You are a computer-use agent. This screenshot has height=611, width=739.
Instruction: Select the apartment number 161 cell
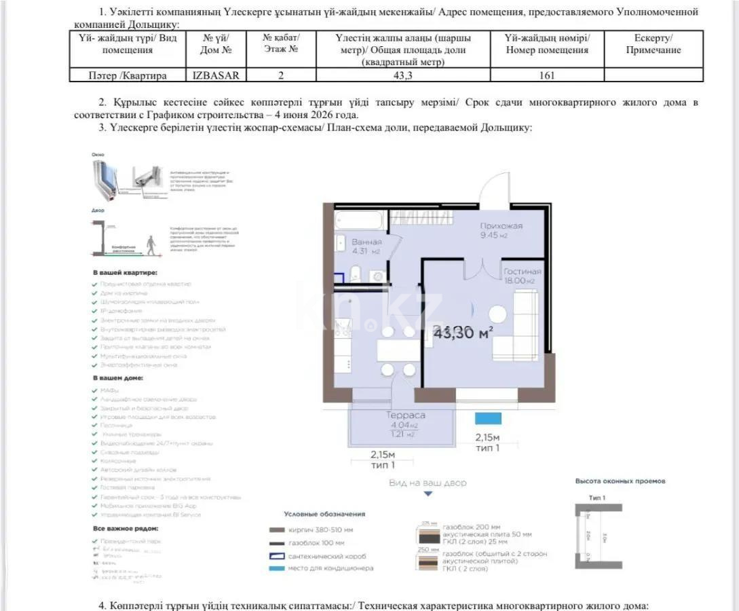pos(546,75)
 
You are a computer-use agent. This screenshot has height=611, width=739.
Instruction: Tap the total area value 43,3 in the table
pos(403,75)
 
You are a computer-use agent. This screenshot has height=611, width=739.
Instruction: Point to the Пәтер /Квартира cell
pos(128,75)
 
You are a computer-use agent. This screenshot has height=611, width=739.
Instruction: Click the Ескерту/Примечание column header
pos(653,44)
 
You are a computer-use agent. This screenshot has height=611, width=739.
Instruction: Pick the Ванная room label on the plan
pos(366,242)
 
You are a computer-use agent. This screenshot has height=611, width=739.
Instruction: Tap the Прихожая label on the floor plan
pos(501,226)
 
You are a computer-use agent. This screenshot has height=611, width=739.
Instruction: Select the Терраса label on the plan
pos(406,415)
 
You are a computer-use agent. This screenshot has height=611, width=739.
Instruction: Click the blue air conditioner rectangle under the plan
pos(487,418)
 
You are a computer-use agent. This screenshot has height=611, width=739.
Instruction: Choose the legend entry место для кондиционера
pos(330,568)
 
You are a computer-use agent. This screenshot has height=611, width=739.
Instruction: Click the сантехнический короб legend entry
pos(328,555)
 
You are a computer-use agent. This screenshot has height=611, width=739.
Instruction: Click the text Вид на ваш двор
pos(428,483)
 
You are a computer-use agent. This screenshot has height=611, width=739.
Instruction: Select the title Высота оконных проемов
pos(620,481)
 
